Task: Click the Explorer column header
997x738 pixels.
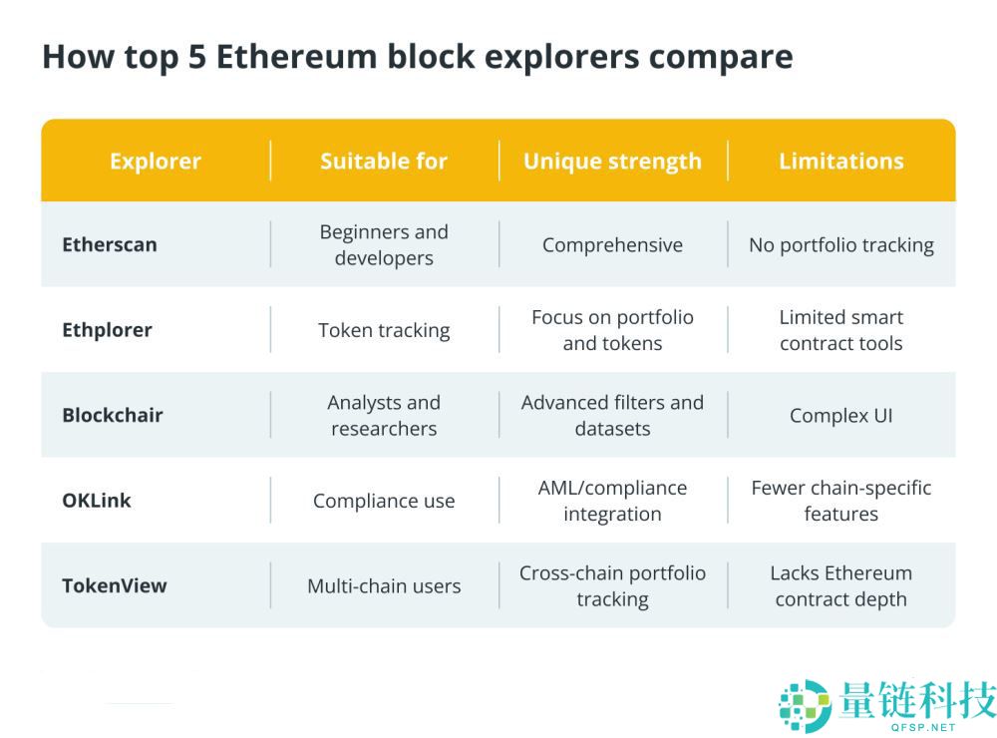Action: tap(155, 162)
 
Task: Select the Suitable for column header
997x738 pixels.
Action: tap(384, 162)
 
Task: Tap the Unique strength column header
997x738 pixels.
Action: tap(612, 162)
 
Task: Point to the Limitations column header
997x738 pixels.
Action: tap(840, 162)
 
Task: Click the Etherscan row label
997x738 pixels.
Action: tap(110, 244)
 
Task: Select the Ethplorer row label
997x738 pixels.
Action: tap(107, 330)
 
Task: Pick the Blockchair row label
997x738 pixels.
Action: tap(113, 415)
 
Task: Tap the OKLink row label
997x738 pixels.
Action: tap(97, 501)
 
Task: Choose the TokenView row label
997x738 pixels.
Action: tap(115, 585)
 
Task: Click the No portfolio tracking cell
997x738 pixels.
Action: tap(840, 245)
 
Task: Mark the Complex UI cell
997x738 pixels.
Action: tap(840, 416)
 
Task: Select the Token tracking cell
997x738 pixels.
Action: tap(384, 331)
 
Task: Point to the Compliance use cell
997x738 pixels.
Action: tap(384, 502)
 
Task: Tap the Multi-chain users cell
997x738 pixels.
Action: tap(384, 586)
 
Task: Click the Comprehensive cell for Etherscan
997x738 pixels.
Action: tap(612, 245)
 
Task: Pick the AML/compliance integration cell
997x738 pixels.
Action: tap(612, 501)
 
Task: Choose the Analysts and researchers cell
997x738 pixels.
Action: tap(384, 416)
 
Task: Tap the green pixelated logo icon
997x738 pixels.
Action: tap(804, 704)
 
